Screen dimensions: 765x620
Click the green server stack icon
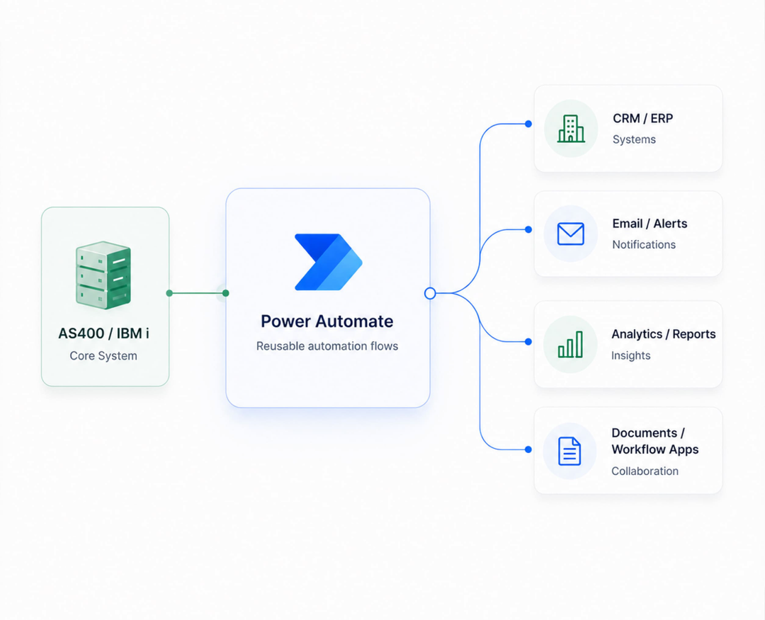click(103, 275)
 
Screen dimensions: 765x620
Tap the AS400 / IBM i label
click(103, 333)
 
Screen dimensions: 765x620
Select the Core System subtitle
click(103, 356)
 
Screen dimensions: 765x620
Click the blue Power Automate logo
click(329, 263)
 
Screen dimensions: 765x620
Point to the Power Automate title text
click(327, 321)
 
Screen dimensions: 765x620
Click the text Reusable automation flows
click(327, 346)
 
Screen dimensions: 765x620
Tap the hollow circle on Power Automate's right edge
click(430, 293)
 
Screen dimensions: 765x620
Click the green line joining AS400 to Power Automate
click(197, 293)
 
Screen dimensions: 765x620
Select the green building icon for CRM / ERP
click(571, 129)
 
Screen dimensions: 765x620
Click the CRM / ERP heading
click(642, 118)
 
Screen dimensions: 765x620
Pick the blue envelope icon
click(570, 234)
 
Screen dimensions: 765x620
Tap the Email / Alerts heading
click(650, 224)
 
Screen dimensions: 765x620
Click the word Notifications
click(644, 245)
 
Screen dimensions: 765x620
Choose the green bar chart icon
click(570, 344)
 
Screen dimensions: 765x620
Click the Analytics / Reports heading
click(664, 334)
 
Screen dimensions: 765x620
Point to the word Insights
click(631, 355)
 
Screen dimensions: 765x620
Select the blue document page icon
click(569, 451)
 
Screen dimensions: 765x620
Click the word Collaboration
click(645, 471)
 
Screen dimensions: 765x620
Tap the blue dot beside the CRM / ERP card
click(528, 124)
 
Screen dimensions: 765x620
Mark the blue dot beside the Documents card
click(528, 449)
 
